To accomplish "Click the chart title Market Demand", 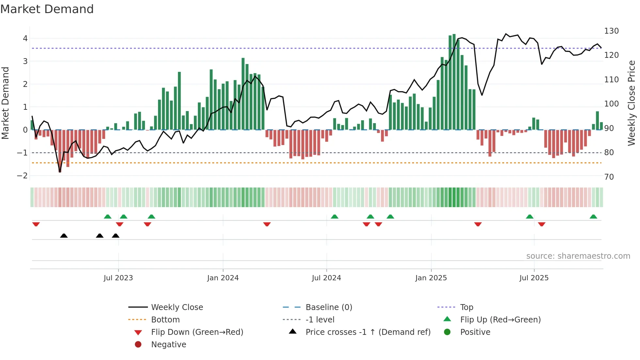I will click(x=47, y=9).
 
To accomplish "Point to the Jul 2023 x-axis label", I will click(x=118, y=278).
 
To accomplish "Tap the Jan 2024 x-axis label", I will click(x=223, y=278).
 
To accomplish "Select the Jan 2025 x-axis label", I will click(x=431, y=278).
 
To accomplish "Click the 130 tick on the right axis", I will click(x=611, y=31).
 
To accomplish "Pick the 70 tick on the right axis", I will click(x=609, y=177).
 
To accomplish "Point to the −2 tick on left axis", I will click(x=22, y=176).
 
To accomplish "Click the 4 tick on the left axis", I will click(x=25, y=39).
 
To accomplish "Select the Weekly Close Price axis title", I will click(x=632, y=103).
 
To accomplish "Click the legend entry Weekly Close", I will click(x=177, y=307).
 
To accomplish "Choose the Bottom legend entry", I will click(x=165, y=320).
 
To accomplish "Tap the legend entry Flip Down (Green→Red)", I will click(x=197, y=332).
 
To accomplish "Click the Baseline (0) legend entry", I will click(x=328, y=307).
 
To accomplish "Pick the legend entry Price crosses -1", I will click(x=368, y=332).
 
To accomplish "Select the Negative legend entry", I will click(x=168, y=345).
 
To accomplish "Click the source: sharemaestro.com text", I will click(x=578, y=256).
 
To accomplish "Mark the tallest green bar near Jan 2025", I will click(x=454, y=82).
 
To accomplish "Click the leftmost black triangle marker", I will click(x=64, y=236).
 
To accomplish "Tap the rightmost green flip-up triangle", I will click(x=593, y=217).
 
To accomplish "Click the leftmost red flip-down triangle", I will click(x=36, y=224).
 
